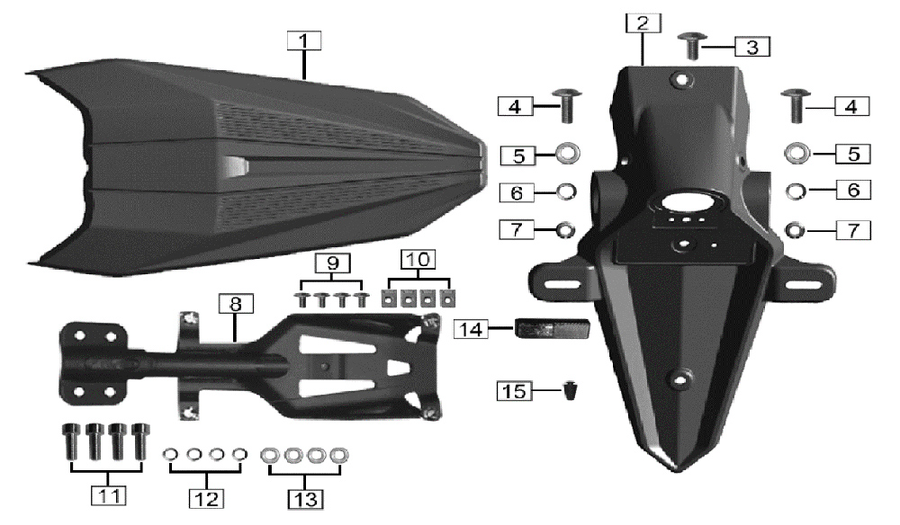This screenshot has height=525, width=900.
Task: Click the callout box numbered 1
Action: click(x=304, y=40)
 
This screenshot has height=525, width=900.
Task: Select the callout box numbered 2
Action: click(x=643, y=23)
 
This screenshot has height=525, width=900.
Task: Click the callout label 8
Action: click(x=236, y=304)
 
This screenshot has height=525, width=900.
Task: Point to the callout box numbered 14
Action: click(x=472, y=330)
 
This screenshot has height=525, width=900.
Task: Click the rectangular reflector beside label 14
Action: click(x=553, y=328)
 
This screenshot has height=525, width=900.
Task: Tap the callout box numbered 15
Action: click(x=514, y=391)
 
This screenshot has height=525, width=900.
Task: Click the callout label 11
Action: click(x=109, y=495)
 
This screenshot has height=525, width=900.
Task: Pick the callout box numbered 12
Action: click(x=207, y=499)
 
